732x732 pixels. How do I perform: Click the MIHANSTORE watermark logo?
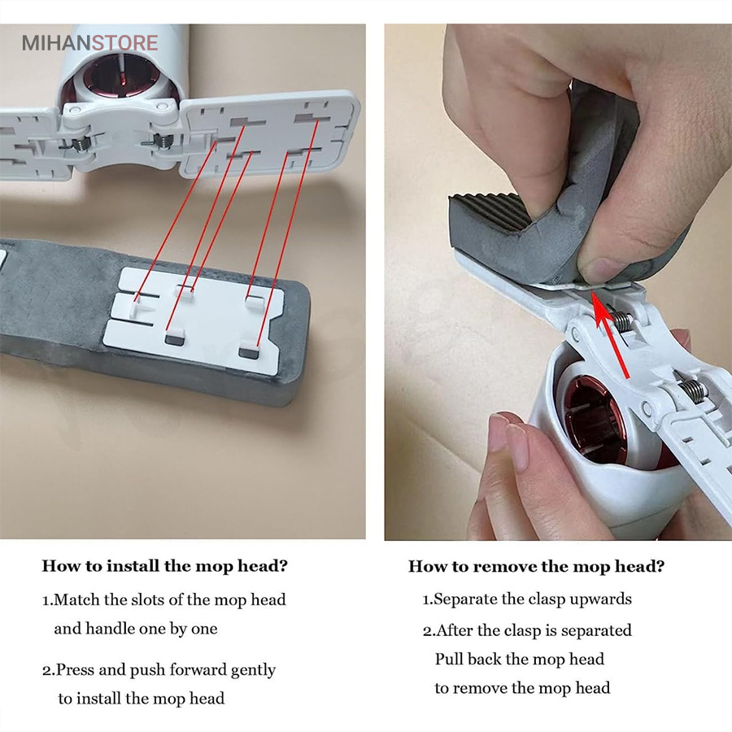click(89, 43)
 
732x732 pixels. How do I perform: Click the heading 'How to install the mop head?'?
click(165, 566)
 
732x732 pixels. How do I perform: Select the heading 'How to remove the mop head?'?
click(537, 566)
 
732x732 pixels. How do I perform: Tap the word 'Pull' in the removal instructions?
click(449, 659)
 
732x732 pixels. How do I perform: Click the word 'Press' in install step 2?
click(75, 670)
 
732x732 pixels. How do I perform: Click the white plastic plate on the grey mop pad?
click(194, 320)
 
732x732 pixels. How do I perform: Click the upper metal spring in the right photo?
click(622, 321)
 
